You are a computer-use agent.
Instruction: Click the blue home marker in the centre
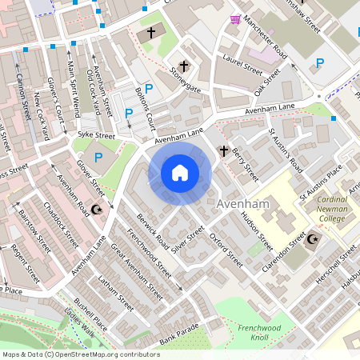[x=180, y=172]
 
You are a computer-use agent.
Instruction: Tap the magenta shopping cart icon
[x=236, y=19]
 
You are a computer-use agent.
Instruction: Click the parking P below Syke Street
[x=98, y=158]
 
